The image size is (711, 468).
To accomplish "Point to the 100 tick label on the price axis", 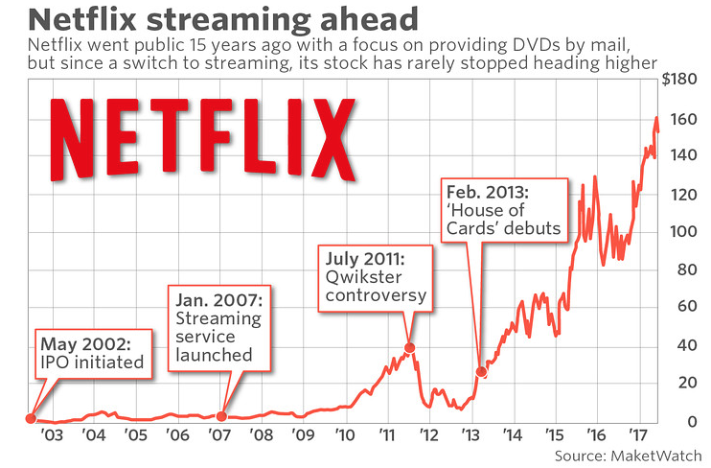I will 682,231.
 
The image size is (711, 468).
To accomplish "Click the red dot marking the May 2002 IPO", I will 31,418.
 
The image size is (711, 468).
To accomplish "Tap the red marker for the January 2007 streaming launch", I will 222,416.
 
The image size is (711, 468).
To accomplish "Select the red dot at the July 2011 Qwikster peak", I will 410,347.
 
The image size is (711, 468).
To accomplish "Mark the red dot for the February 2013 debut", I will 482,372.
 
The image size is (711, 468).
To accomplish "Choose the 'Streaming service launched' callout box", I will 220,326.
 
